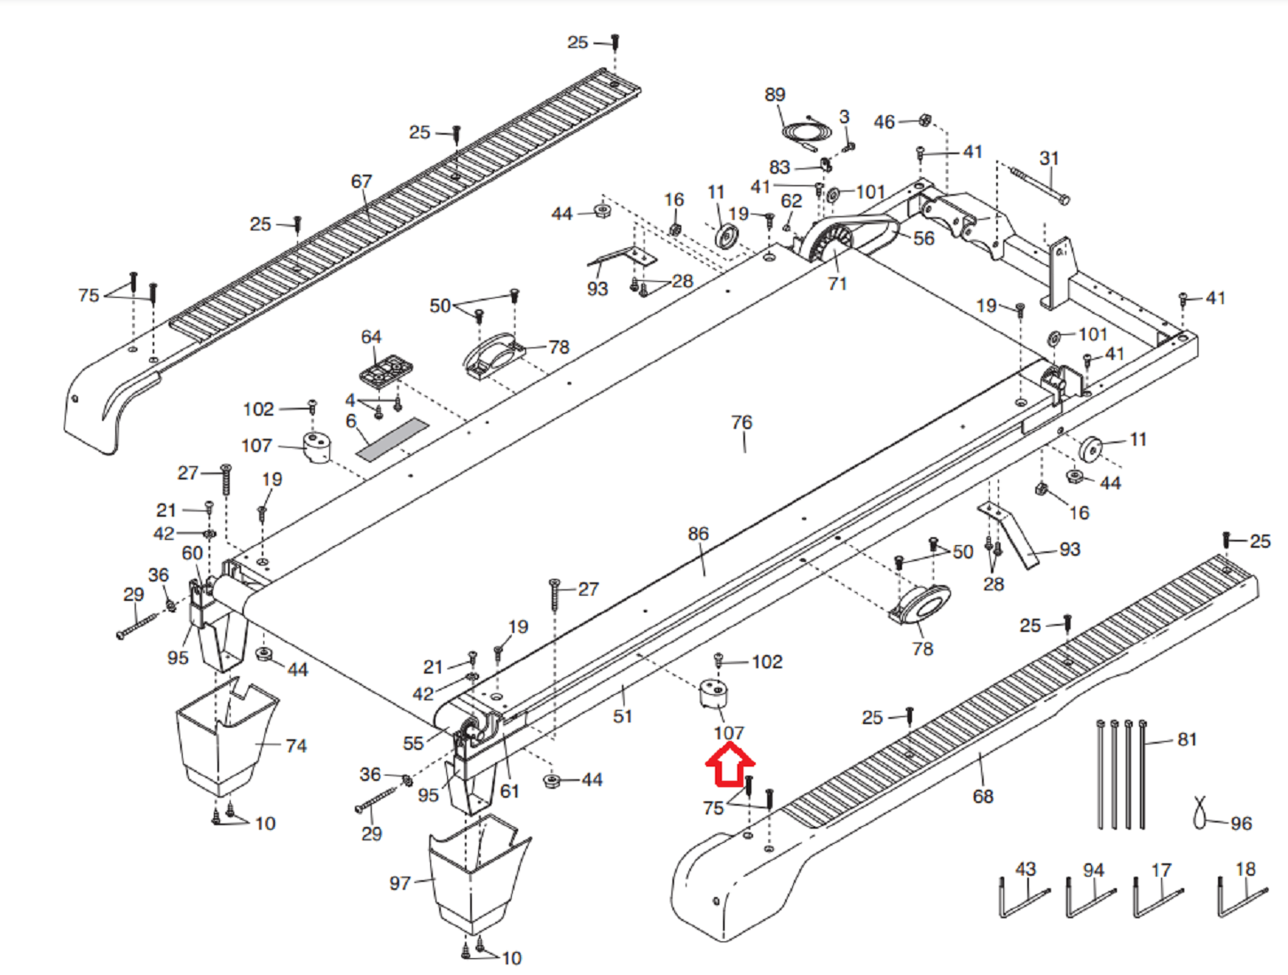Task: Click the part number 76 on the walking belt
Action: [742, 423]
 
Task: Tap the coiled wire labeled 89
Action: [805, 130]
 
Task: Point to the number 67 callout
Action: [361, 182]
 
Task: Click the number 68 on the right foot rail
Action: [983, 796]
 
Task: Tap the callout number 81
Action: [1187, 739]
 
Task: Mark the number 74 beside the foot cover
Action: [296, 746]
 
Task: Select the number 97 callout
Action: [400, 884]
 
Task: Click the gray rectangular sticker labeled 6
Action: [392, 440]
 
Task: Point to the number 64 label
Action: [371, 338]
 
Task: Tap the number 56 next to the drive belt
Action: [923, 238]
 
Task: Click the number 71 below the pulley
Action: [837, 284]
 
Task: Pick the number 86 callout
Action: [698, 534]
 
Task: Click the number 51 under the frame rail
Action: [623, 716]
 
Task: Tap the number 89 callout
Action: [774, 95]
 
